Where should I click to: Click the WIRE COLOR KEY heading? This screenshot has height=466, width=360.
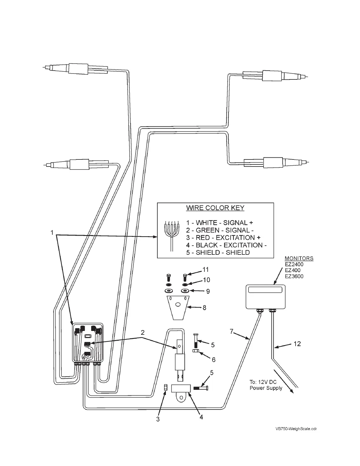tap(215, 208)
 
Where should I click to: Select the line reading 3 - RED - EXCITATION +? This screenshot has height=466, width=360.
tap(223, 238)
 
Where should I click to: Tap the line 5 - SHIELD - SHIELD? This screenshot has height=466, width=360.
tap(218, 252)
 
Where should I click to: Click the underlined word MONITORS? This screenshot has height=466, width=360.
tap(299, 258)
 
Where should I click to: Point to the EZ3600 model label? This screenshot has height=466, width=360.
tap(294, 276)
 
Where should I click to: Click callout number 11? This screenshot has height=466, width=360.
tap(206, 270)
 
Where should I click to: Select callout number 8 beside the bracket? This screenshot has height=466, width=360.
tap(204, 308)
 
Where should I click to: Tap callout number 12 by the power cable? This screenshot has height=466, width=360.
tap(297, 344)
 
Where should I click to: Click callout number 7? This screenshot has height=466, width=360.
tap(231, 332)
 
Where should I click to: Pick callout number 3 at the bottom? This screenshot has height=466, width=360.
tap(158, 419)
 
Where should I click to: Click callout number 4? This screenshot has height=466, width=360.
tap(201, 417)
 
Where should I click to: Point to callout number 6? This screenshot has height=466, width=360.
tap(214, 360)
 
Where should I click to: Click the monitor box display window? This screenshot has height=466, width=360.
tap(265, 290)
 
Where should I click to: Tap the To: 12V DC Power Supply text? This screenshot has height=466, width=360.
tap(266, 385)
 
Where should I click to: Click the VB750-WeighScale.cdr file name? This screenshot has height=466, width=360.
tap(296, 429)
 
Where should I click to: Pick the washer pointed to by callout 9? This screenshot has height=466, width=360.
tap(185, 291)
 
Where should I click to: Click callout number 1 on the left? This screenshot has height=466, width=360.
tap(52, 233)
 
